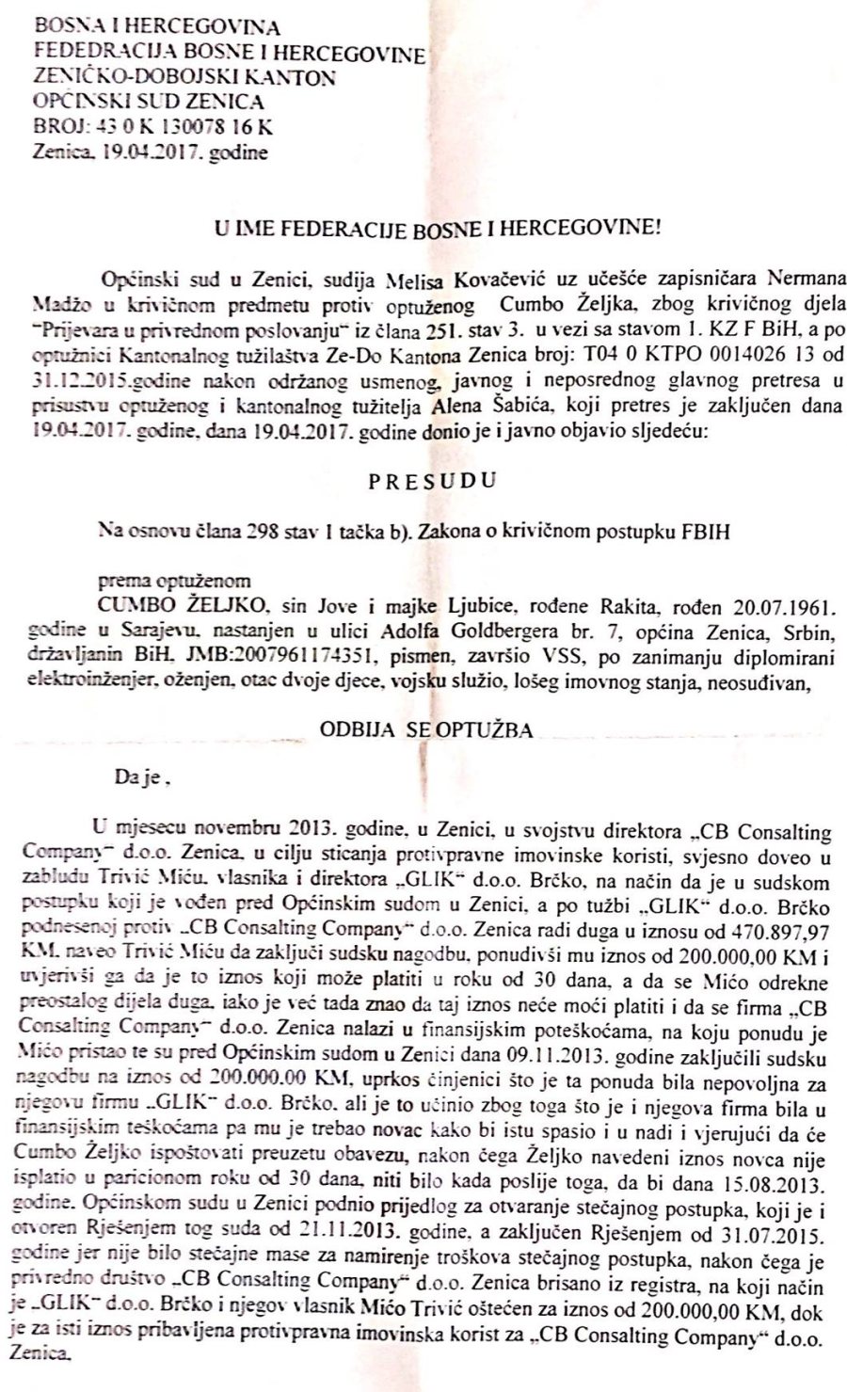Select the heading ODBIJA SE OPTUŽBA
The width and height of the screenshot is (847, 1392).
(426, 729)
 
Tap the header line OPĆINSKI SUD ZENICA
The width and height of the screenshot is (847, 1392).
(148, 102)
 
